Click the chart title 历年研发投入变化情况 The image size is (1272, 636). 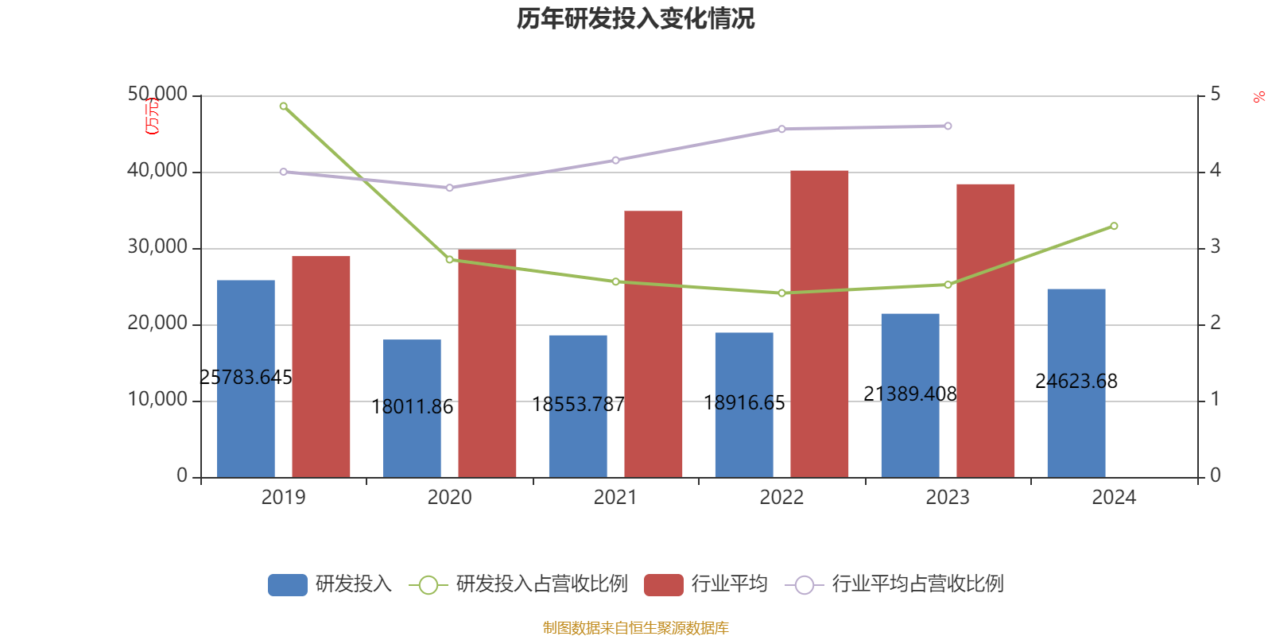point(635,18)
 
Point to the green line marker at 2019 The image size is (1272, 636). point(284,106)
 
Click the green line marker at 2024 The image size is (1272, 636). point(1114,227)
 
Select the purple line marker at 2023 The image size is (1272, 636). point(948,126)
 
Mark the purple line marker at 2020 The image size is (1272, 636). point(450,188)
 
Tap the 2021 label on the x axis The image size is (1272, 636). point(615,497)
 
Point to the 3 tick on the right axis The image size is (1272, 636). point(1215,247)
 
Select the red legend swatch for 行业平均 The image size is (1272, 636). point(663,584)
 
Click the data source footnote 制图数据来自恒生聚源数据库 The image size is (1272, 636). point(635,627)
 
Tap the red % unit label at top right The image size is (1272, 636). point(1258,97)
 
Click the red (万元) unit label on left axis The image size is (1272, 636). point(152,116)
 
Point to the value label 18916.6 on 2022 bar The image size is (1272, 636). point(744,403)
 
